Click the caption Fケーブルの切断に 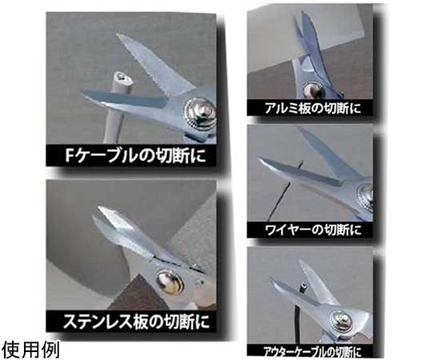click(135, 156)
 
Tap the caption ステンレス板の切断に click(136, 321)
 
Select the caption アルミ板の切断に click(313, 108)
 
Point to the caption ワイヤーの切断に click(313, 230)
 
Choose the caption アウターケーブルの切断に click(312, 352)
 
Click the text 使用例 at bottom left click(30, 350)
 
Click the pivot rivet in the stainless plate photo click(169, 284)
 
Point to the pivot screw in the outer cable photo click(341, 319)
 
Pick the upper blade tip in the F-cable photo click(118, 35)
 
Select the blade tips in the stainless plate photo click(100, 212)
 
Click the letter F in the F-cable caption click(68, 156)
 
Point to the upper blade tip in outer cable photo click(301, 261)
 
